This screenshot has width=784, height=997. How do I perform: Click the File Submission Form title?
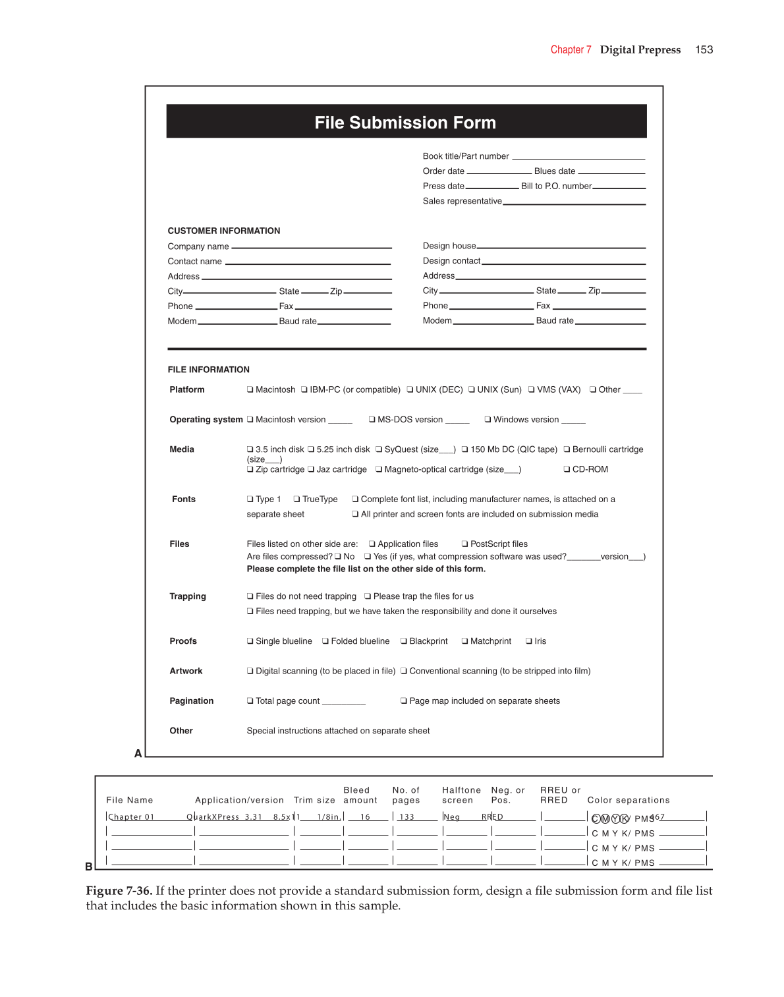point(405,123)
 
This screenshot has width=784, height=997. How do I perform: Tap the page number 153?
point(704,50)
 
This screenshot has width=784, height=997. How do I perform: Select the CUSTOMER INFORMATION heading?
point(224,231)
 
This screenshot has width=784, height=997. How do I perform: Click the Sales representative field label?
point(462,201)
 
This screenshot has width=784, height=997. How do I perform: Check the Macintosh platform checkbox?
point(250,390)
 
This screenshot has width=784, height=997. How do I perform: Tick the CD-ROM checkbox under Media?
point(567,469)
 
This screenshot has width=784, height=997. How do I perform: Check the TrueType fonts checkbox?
point(297,499)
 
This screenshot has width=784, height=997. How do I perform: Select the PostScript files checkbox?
point(465,544)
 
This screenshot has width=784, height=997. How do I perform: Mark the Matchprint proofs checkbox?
point(465,641)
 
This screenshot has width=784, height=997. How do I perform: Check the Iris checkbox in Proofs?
point(529,641)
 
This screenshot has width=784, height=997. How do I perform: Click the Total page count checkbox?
point(250,701)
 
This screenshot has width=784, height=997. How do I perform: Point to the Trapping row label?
point(188,596)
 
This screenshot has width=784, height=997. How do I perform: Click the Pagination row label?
point(192,701)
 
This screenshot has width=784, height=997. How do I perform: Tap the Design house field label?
point(449,246)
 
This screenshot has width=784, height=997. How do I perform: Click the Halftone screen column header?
point(461,795)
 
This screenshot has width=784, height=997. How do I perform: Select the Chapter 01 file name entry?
point(131,817)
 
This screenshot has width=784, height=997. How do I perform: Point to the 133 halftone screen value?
point(407,817)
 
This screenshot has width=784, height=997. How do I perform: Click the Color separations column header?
point(629,800)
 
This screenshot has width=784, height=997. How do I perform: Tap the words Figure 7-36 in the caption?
point(119,891)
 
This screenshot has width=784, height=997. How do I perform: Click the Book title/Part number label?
point(466,156)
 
